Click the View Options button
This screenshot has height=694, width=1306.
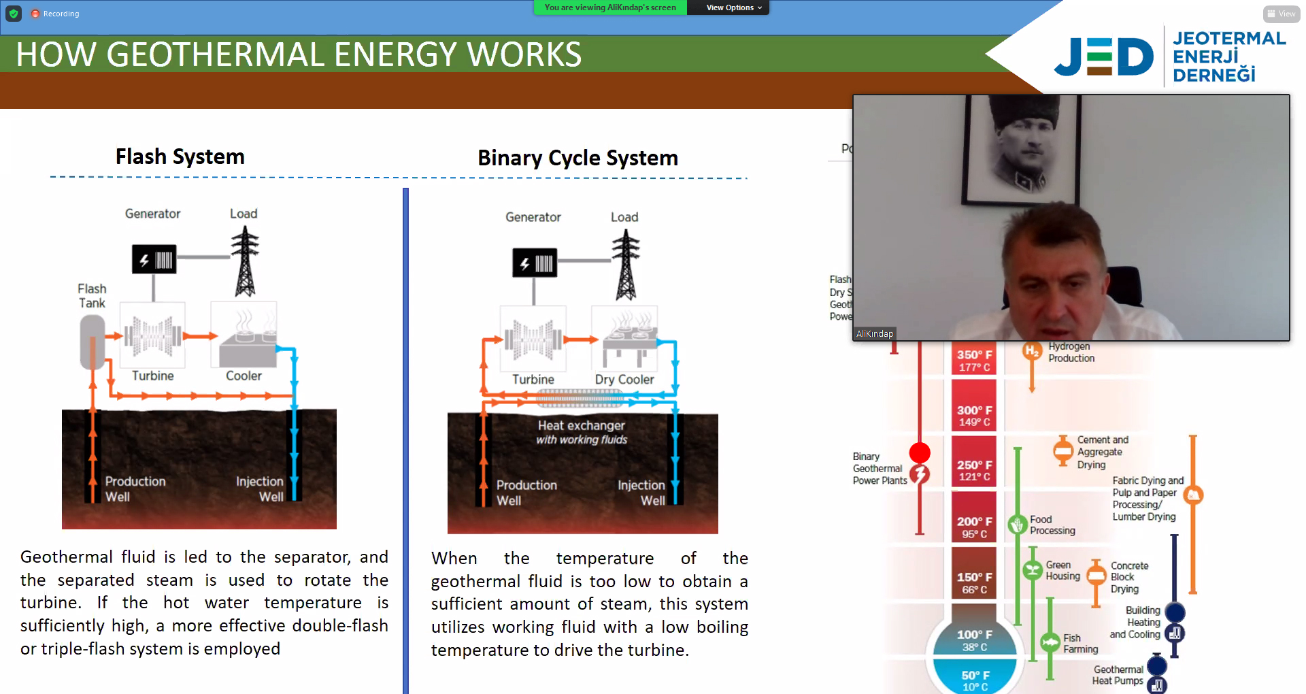pyautogui.click(x=733, y=7)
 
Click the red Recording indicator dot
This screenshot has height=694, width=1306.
pyautogui.click(x=35, y=14)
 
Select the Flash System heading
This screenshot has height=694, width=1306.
pyautogui.click(x=180, y=156)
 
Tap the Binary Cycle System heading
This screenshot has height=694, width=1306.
pyautogui.click(x=577, y=158)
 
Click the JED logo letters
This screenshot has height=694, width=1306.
pyautogui.click(x=1103, y=56)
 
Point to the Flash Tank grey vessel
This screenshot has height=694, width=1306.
pyautogui.click(x=93, y=342)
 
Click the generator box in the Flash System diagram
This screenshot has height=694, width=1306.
pyautogui.click(x=154, y=259)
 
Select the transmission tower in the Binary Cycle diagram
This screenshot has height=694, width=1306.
pyautogui.click(x=626, y=265)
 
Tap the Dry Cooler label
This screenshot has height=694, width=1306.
pyautogui.click(x=624, y=380)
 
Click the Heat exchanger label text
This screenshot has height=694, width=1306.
pyautogui.click(x=581, y=426)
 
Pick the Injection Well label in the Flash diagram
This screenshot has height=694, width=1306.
pyautogui.click(x=260, y=489)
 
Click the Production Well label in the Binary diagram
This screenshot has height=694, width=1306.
pyautogui.click(x=526, y=493)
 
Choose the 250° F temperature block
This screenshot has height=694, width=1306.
pyautogui.click(x=974, y=470)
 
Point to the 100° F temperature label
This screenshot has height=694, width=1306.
pyautogui.click(x=974, y=635)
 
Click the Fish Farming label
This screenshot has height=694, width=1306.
pyautogui.click(x=1080, y=644)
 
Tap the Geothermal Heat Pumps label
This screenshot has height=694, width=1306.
pyautogui.click(x=1118, y=675)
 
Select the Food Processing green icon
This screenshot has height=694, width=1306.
pyautogui.click(x=1018, y=525)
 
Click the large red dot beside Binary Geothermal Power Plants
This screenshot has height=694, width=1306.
pyautogui.click(x=920, y=452)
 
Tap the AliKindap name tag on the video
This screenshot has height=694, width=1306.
pyautogui.click(x=875, y=333)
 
